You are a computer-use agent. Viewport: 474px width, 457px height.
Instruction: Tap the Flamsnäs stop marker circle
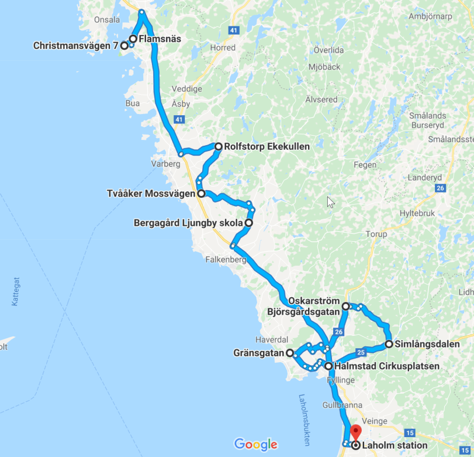click(133, 39)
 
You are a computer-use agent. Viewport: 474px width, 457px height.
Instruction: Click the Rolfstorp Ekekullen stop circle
click(218, 146)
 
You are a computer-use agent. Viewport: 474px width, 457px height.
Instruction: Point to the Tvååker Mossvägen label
click(151, 193)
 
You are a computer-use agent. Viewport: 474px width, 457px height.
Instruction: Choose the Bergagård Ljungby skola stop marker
click(248, 223)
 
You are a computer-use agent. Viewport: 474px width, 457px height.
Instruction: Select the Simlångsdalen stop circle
click(389, 344)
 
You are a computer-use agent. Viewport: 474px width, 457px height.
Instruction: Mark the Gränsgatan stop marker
click(289, 353)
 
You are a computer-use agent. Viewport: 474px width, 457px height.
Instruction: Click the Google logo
click(255, 444)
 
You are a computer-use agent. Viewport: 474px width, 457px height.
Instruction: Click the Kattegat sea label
click(15, 291)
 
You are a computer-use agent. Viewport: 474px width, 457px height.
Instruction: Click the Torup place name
click(376, 234)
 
